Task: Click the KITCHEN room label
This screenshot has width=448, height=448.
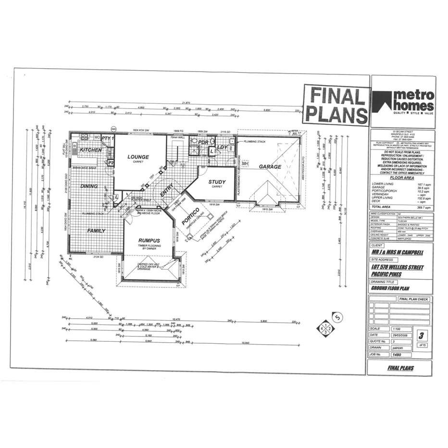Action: coord(90,150)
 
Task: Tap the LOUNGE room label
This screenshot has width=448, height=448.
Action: coord(138,157)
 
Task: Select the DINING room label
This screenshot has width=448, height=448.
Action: coord(89,186)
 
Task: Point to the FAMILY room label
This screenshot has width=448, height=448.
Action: coord(96,231)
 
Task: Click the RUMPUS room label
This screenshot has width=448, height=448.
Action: coord(149,241)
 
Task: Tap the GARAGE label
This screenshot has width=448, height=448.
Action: coord(270,166)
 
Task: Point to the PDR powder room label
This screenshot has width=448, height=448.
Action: coord(203,142)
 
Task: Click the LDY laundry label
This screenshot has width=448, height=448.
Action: coord(222,147)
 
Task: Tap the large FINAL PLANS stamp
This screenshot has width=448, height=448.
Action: coord(336,105)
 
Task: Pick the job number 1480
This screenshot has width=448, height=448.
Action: coord(397,354)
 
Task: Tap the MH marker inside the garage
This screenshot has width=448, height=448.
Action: coord(245,164)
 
